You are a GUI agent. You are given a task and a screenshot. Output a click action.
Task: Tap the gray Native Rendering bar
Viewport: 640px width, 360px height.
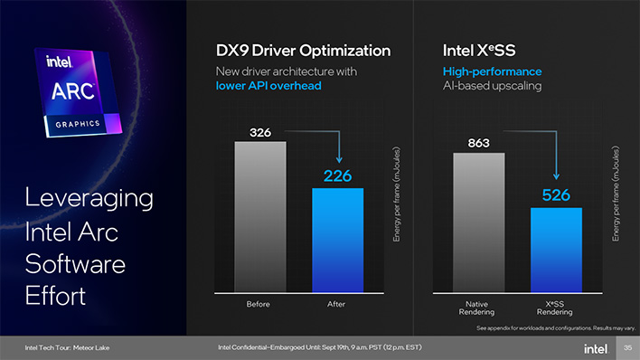point(478,222)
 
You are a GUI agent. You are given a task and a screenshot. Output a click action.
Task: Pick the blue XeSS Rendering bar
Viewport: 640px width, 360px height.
point(556,249)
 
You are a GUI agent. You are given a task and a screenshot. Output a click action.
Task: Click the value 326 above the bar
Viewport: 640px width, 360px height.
point(259,133)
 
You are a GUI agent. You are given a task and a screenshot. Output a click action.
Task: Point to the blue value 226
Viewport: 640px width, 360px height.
point(337,175)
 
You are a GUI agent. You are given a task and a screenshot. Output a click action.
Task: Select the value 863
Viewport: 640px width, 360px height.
point(478,144)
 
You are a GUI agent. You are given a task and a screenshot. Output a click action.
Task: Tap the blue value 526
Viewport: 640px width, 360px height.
point(556,194)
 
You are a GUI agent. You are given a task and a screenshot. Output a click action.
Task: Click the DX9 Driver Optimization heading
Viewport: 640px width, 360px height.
point(303,51)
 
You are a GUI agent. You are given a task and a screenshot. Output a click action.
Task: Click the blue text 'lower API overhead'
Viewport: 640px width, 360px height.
point(269,86)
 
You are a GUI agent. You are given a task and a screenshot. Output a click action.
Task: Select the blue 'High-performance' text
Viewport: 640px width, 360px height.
point(480,71)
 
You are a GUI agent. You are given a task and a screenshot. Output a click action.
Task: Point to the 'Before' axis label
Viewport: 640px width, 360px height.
point(259,304)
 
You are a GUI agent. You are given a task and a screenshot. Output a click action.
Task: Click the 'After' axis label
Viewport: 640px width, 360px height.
point(337,304)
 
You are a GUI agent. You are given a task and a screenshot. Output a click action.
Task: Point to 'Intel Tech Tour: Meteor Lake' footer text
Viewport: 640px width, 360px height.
point(69,347)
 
